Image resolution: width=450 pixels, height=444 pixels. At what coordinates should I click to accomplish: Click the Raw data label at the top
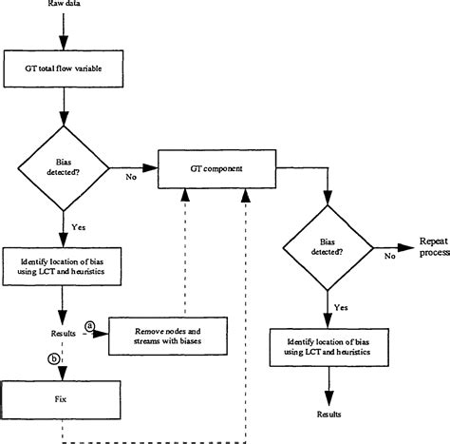coord(62,5)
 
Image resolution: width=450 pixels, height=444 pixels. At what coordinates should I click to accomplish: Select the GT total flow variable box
coord(63,68)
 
